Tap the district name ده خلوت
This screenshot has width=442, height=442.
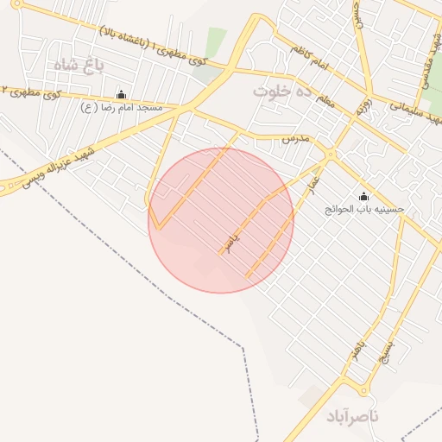[281, 90]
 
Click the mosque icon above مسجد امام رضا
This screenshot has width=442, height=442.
[120, 95]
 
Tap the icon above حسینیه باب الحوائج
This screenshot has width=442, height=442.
[363, 196]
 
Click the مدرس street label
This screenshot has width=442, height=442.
[295, 138]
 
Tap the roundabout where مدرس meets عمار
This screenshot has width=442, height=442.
[331, 155]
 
